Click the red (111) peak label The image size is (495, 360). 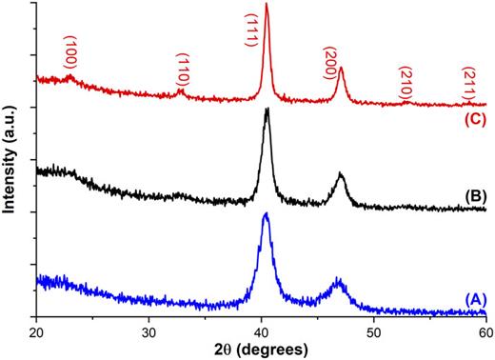pos(252,29)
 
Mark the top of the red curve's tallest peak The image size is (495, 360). pos(266,5)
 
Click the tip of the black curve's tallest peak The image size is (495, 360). pos(267,110)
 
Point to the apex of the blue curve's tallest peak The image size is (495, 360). pos(266,214)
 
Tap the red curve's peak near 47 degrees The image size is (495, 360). pos(340,69)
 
